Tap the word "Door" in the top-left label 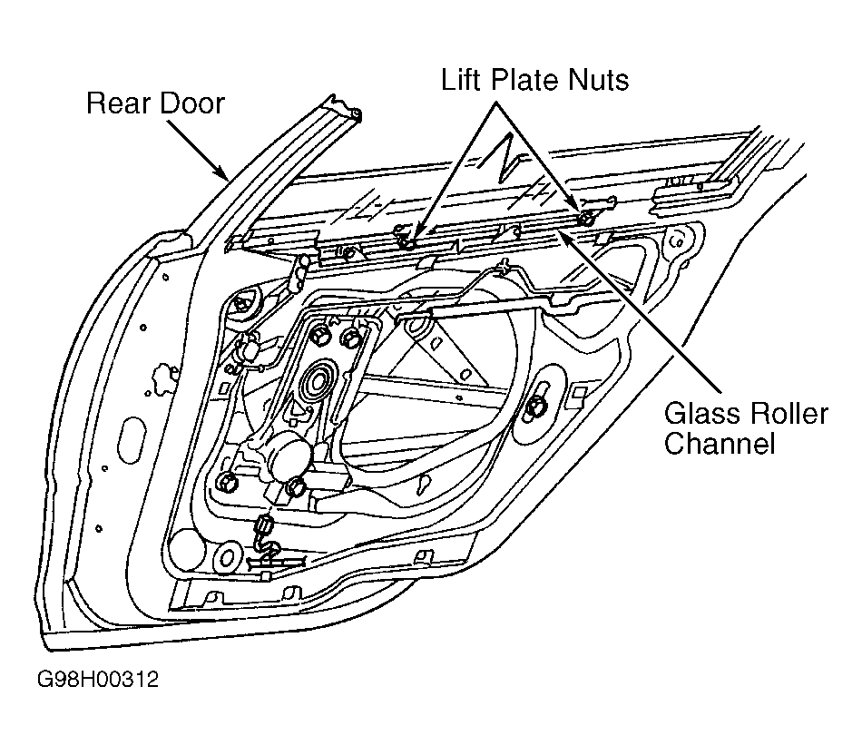[192, 103]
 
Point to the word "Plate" [525, 80]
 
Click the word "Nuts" [599, 80]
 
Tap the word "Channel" [720, 443]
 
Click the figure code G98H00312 [98, 680]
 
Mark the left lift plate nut [407, 242]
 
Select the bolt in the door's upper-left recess [240, 303]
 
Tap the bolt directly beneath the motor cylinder [297, 486]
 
